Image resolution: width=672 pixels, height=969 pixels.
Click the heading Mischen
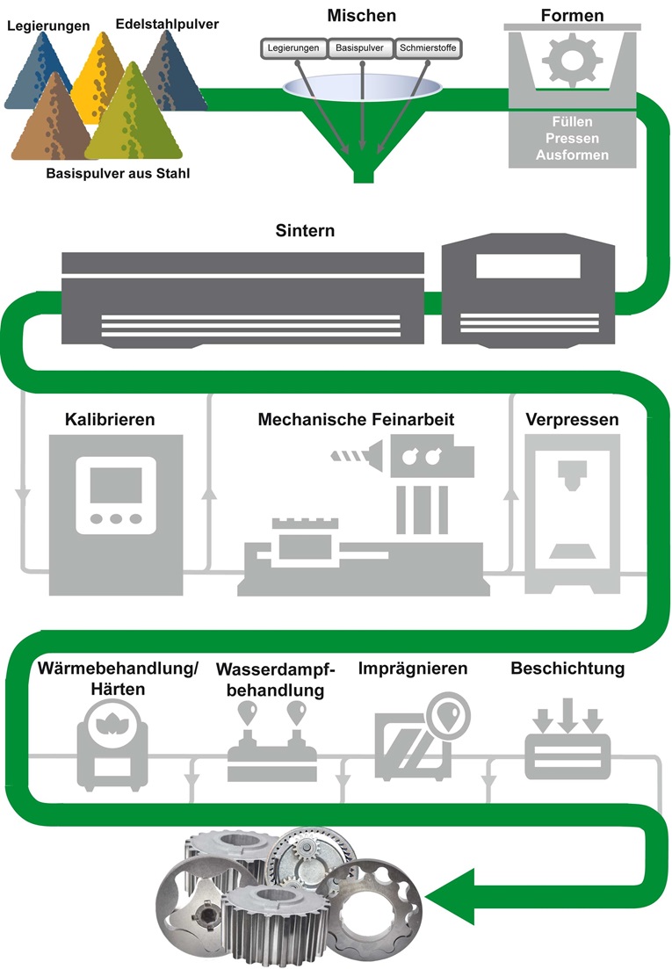point(362,16)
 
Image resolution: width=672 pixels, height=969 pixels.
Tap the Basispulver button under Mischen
point(361,48)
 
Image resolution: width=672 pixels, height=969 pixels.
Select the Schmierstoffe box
point(427,48)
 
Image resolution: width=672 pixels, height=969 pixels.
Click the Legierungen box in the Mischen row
point(294,48)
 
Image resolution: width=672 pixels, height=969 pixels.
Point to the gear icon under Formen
point(564,59)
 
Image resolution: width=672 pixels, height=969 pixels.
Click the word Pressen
point(571,139)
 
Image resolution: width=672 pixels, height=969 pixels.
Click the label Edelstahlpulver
point(167,24)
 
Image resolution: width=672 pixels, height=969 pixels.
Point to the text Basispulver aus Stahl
point(119,173)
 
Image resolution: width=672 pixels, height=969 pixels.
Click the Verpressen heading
point(572,419)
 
